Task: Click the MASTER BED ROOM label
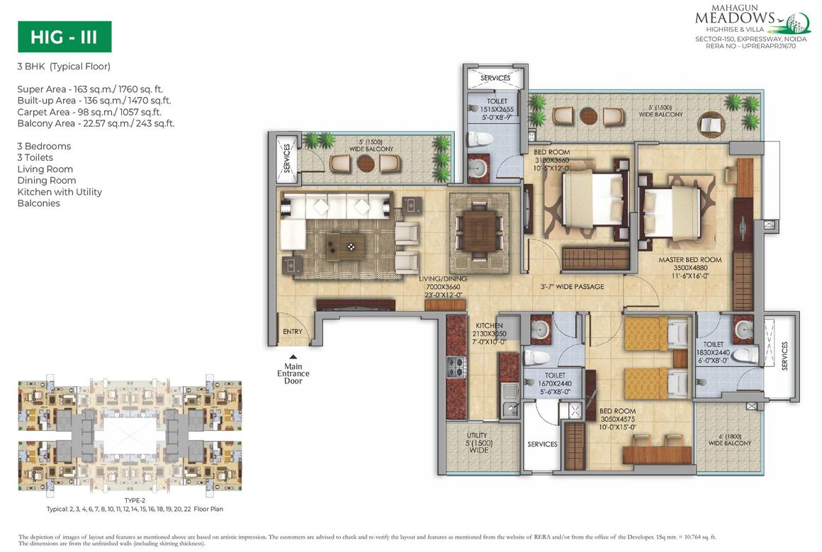(x=689, y=264)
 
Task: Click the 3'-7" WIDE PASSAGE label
(x=572, y=286)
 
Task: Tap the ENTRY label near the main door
(x=292, y=332)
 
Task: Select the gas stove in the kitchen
(x=454, y=367)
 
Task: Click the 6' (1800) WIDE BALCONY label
(x=729, y=439)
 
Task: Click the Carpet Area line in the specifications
(x=89, y=112)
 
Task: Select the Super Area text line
(x=90, y=89)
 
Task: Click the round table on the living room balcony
(x=366, y=162)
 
